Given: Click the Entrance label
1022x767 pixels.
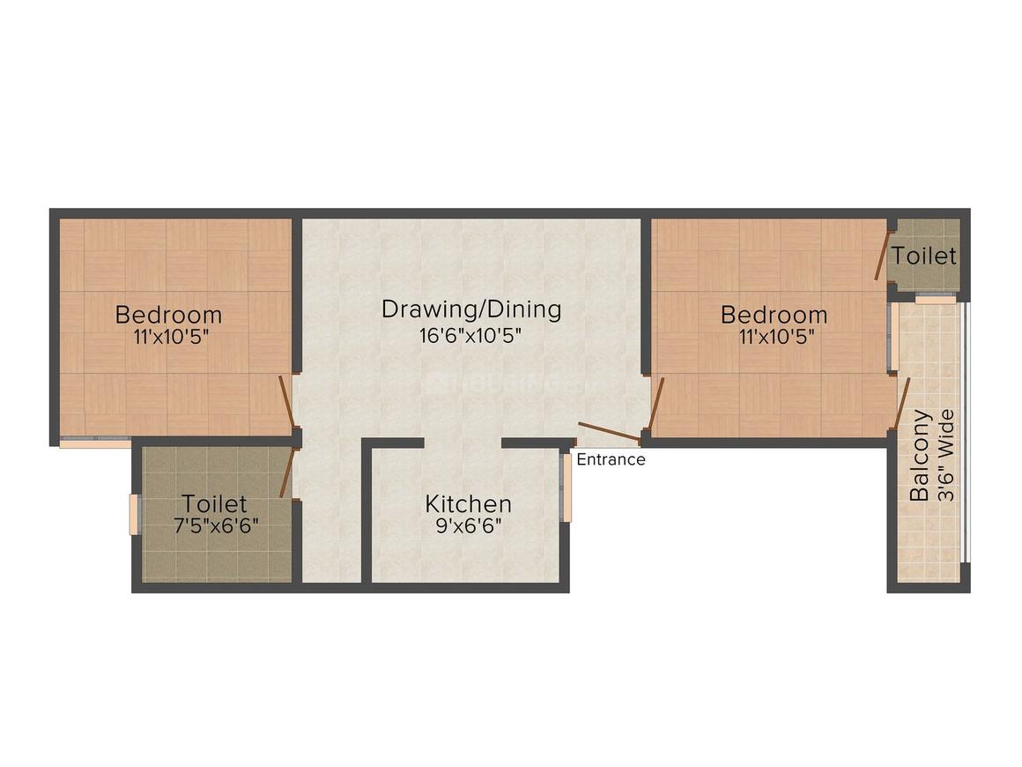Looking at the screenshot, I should [x=611, y=459].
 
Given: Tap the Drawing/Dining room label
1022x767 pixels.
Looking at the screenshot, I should [x=471, y=309].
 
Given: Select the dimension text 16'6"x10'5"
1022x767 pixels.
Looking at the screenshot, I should [x=471, y=336].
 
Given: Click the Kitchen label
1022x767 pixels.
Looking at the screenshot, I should [x=468, y=504].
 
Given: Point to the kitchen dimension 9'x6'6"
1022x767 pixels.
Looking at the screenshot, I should [x=468, y=528].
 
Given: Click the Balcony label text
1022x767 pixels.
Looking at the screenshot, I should [x=920, y=456].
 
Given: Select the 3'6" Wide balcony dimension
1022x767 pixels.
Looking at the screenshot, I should [x=946, y=456].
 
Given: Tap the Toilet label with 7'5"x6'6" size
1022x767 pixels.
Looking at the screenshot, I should [x=214, y=504].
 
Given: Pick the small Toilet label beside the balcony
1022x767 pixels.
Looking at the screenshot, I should [x=922, y=256].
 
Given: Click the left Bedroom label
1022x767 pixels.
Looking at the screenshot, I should [x=169, y=314].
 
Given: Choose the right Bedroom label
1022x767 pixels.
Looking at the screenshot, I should [x=774, y=314].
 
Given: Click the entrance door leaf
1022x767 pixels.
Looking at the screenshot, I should [x=609, y=431].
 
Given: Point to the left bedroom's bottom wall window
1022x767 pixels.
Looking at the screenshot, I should [x=94, y=443].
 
